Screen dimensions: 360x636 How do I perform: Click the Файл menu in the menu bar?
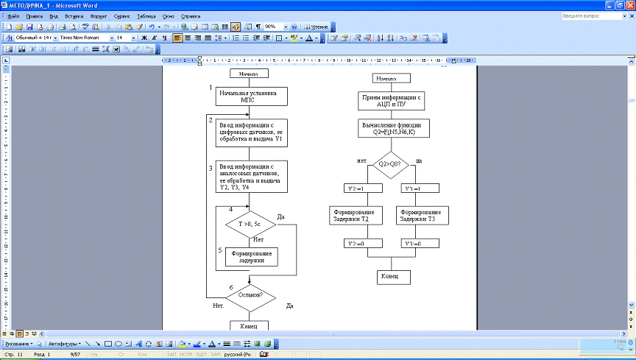(x=12, y=15)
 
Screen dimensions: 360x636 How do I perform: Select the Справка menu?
(x=190, y=15)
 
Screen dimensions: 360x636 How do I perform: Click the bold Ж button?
(x=144, y=37)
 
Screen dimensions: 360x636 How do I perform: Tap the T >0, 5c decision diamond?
(x=250, y=225)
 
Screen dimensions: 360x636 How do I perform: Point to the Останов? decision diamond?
(x=250, y=297)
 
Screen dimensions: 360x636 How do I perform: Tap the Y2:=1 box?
(x=355, y=188)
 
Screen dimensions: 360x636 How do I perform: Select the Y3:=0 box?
(x=413, y=243)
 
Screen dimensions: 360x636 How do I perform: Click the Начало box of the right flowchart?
(x=386, y=78)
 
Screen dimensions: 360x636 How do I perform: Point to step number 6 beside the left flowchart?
(x=232, y=287)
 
